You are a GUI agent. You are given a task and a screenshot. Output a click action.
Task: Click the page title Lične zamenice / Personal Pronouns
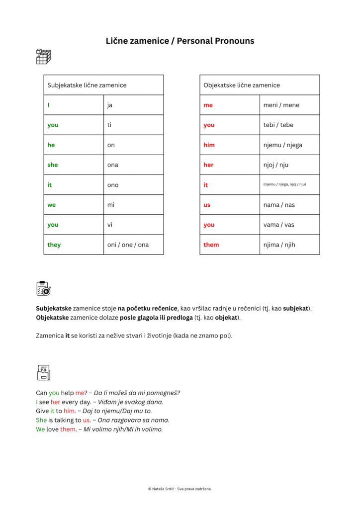click(180, 41)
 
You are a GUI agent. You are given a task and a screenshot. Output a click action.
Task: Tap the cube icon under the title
click(44, 57)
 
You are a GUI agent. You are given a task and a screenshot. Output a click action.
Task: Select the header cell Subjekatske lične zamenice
click(87, 85)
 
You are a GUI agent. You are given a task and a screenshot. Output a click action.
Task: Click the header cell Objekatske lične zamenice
click(242, 85)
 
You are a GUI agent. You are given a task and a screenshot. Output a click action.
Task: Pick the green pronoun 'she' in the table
click(53, 165)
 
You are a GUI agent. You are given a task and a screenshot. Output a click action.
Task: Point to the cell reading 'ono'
click(113, 185)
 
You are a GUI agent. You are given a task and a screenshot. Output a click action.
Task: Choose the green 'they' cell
click(54, 245)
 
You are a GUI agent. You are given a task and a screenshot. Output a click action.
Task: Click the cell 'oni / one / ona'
click(128, 245)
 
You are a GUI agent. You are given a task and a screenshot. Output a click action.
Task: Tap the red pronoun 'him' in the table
click(209, 145)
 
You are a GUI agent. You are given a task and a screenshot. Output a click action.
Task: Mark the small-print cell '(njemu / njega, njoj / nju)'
click(284, 185)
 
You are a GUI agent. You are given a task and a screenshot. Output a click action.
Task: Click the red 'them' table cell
click(211, 245)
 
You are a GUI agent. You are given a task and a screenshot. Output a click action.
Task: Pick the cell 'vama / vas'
click(278, 225)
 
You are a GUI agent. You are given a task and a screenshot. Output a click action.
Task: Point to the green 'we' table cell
click(52, 205)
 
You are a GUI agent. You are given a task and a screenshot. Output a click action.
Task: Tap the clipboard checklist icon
click(43, 288)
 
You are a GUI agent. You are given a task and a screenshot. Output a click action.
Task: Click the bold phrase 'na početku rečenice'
click(148, 308)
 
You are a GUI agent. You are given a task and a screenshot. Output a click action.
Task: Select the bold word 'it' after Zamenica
click(68, 336)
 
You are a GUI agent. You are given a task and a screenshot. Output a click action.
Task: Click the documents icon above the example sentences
click(44, 372)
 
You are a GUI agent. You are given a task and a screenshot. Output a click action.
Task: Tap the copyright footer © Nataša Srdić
click(180, 489)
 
